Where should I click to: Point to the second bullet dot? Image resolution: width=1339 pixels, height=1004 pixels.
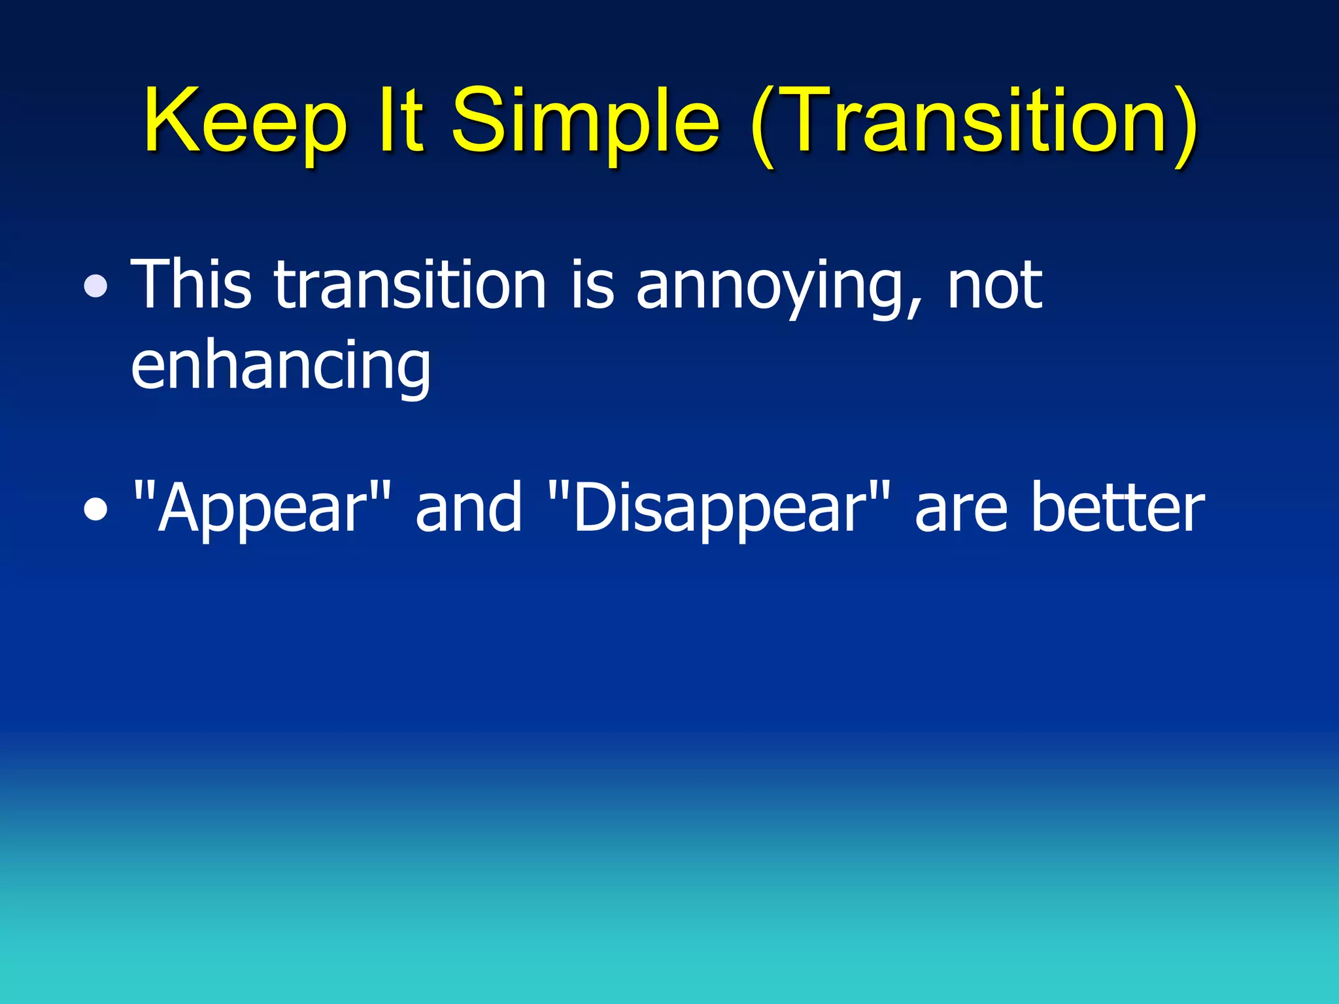[x=96, y=510]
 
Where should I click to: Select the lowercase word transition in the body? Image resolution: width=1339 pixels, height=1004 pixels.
[x=409, y=284]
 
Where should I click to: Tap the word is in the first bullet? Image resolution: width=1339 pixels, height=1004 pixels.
[x=592, y=284]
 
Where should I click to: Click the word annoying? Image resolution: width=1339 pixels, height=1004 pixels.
[x=771, y=288]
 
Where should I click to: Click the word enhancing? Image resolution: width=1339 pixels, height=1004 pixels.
[x=281, y=366]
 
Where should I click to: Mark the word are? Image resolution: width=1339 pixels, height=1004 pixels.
[x=960, y=510]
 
